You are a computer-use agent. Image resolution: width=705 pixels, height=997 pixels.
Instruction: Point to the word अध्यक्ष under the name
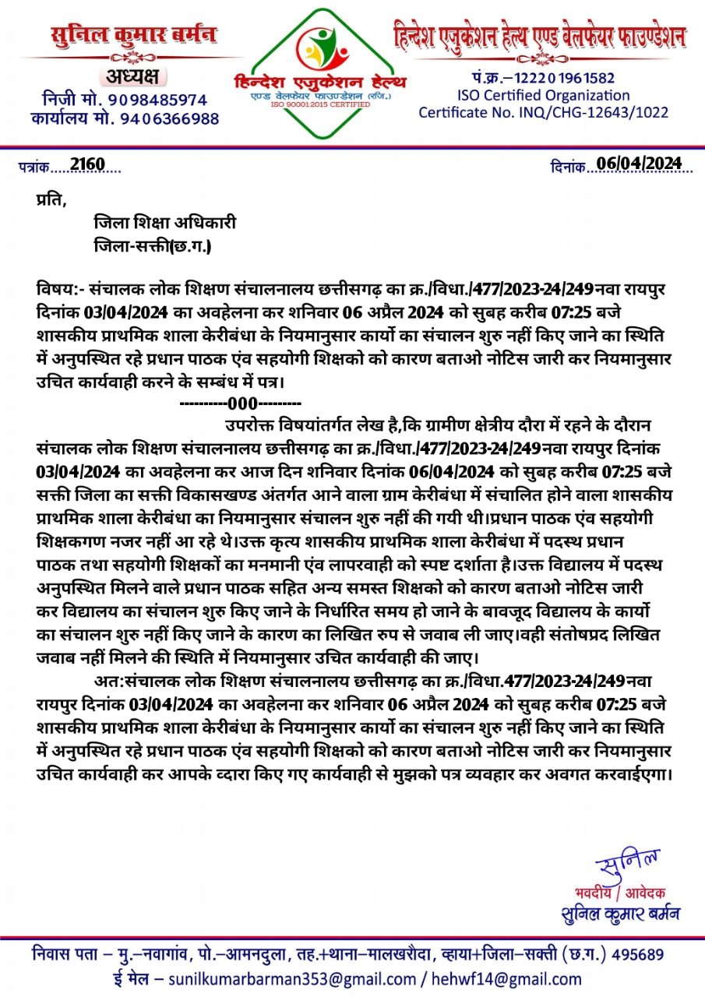click(x=129, y=76)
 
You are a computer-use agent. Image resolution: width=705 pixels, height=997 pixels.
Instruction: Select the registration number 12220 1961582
click(x=566, y=78)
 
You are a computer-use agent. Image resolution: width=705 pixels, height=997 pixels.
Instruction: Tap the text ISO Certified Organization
click(x=543, y=95)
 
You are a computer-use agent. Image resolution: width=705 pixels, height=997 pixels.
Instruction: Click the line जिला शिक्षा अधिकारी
click(x=164, y=224)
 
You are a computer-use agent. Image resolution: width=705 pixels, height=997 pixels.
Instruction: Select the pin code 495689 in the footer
click(x=638, y=954)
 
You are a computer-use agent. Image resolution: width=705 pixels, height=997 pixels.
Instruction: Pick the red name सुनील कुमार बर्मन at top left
click(x=134, y=36)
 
